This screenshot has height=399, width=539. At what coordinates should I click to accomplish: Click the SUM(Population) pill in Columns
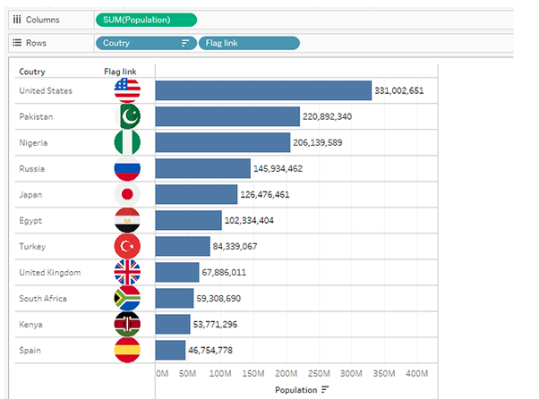pyautogui.click(x=146, y=19)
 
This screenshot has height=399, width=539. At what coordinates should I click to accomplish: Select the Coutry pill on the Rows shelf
pyautogui.click(x=146, y=42)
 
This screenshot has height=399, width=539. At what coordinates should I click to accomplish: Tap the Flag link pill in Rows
pyautogui.click(x=249, y=42)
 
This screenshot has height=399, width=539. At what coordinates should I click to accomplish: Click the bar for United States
pyautogui.click(x=263, y=90)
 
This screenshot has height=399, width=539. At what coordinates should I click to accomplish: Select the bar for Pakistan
pyautogui.click(x=227, y=116)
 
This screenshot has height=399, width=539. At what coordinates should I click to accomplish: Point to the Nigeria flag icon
pyautogui.click(x=128, y=142)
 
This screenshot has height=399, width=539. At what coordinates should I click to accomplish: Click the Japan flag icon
pyautogui.click(x=128, y=194)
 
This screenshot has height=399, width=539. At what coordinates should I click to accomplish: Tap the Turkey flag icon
pyautogui.click(x=128, y=246)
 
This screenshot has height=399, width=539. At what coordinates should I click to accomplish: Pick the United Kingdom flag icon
pyautogui.click(x=128, y=272)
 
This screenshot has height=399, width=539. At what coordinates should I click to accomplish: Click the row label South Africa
pyautogui.click(x=43, y=298)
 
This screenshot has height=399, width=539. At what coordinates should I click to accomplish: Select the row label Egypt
pyautogui.click(x=30, y=220)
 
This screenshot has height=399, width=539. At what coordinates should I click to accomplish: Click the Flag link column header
pyautogui.click(x=120, y=72)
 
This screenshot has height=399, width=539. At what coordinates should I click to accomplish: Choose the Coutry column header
pyautogui.click(x=32, y=72)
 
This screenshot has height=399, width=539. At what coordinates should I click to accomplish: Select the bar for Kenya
pyautogui.click(x=173, y=324)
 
